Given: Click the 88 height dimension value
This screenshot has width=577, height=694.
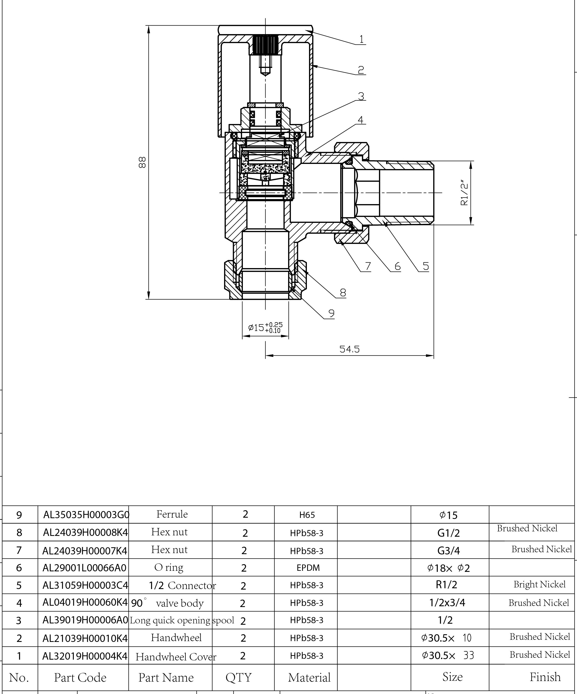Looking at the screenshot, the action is coord(142,163).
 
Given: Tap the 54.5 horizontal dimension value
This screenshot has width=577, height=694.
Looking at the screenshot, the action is coord(349,349).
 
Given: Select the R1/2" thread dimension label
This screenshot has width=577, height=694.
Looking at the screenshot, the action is coord(464,193).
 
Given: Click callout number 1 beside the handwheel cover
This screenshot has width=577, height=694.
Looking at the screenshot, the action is coord(361,39).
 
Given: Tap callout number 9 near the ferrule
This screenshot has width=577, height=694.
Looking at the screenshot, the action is coord(331,313).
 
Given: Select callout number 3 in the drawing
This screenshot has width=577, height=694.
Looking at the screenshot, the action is coord(361,96).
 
